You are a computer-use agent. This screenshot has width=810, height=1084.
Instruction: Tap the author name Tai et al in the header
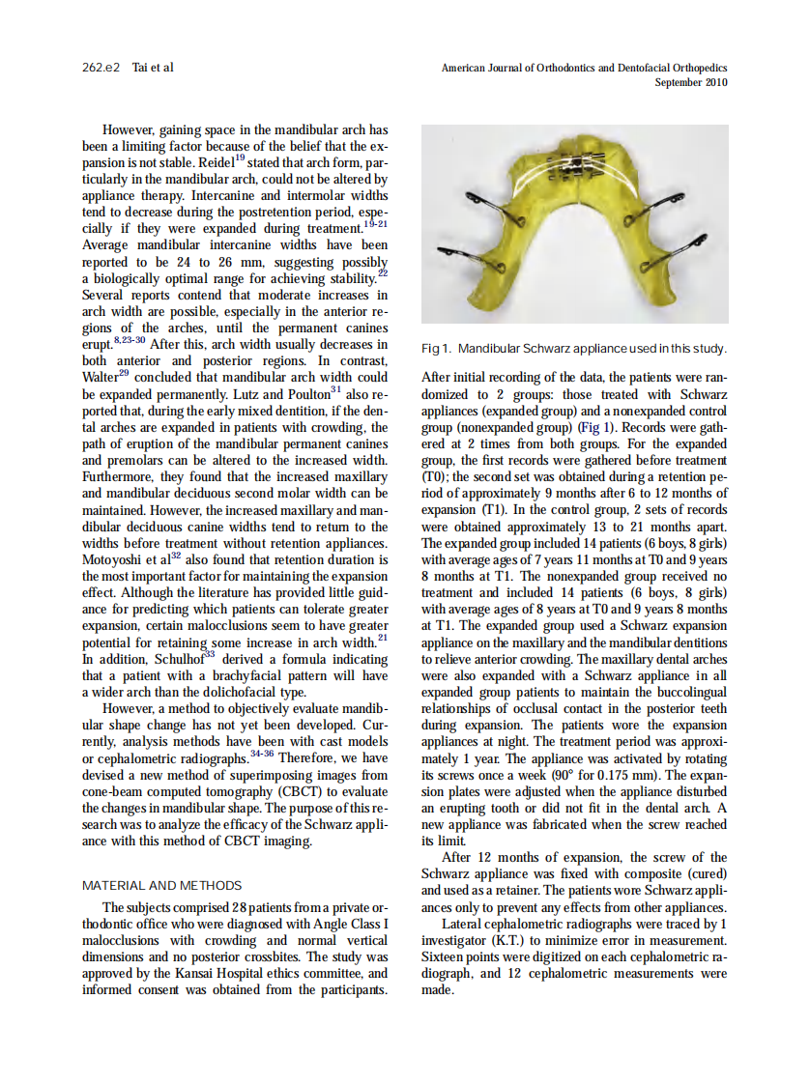[x=153, y=69]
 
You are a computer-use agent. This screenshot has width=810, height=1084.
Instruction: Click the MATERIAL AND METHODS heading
[x=162, y=885]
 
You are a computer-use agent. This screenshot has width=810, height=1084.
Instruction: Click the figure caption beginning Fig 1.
[x=574, y=348]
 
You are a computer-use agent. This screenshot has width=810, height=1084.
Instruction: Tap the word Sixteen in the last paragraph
[x=447, y=957]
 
